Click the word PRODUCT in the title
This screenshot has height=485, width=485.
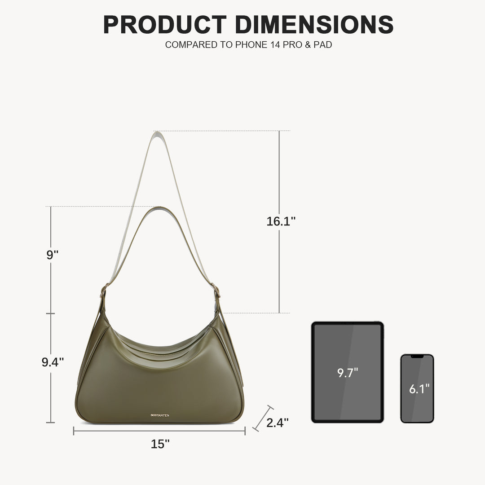tap(165, 24)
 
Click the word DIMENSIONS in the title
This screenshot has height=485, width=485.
tap(314, 24)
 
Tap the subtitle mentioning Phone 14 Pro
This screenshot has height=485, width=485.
tap(248, 45)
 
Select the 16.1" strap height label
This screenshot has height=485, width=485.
tap(281, 221)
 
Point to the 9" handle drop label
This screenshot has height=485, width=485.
tap(52, 255)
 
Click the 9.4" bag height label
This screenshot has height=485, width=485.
tap(53, 362)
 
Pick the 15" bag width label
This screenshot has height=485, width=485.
tap(160, 444)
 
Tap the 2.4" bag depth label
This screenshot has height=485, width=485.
tap(277, 423)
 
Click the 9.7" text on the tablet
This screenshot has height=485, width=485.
tap(347, 373)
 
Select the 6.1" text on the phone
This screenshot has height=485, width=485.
tap(419, 389)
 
